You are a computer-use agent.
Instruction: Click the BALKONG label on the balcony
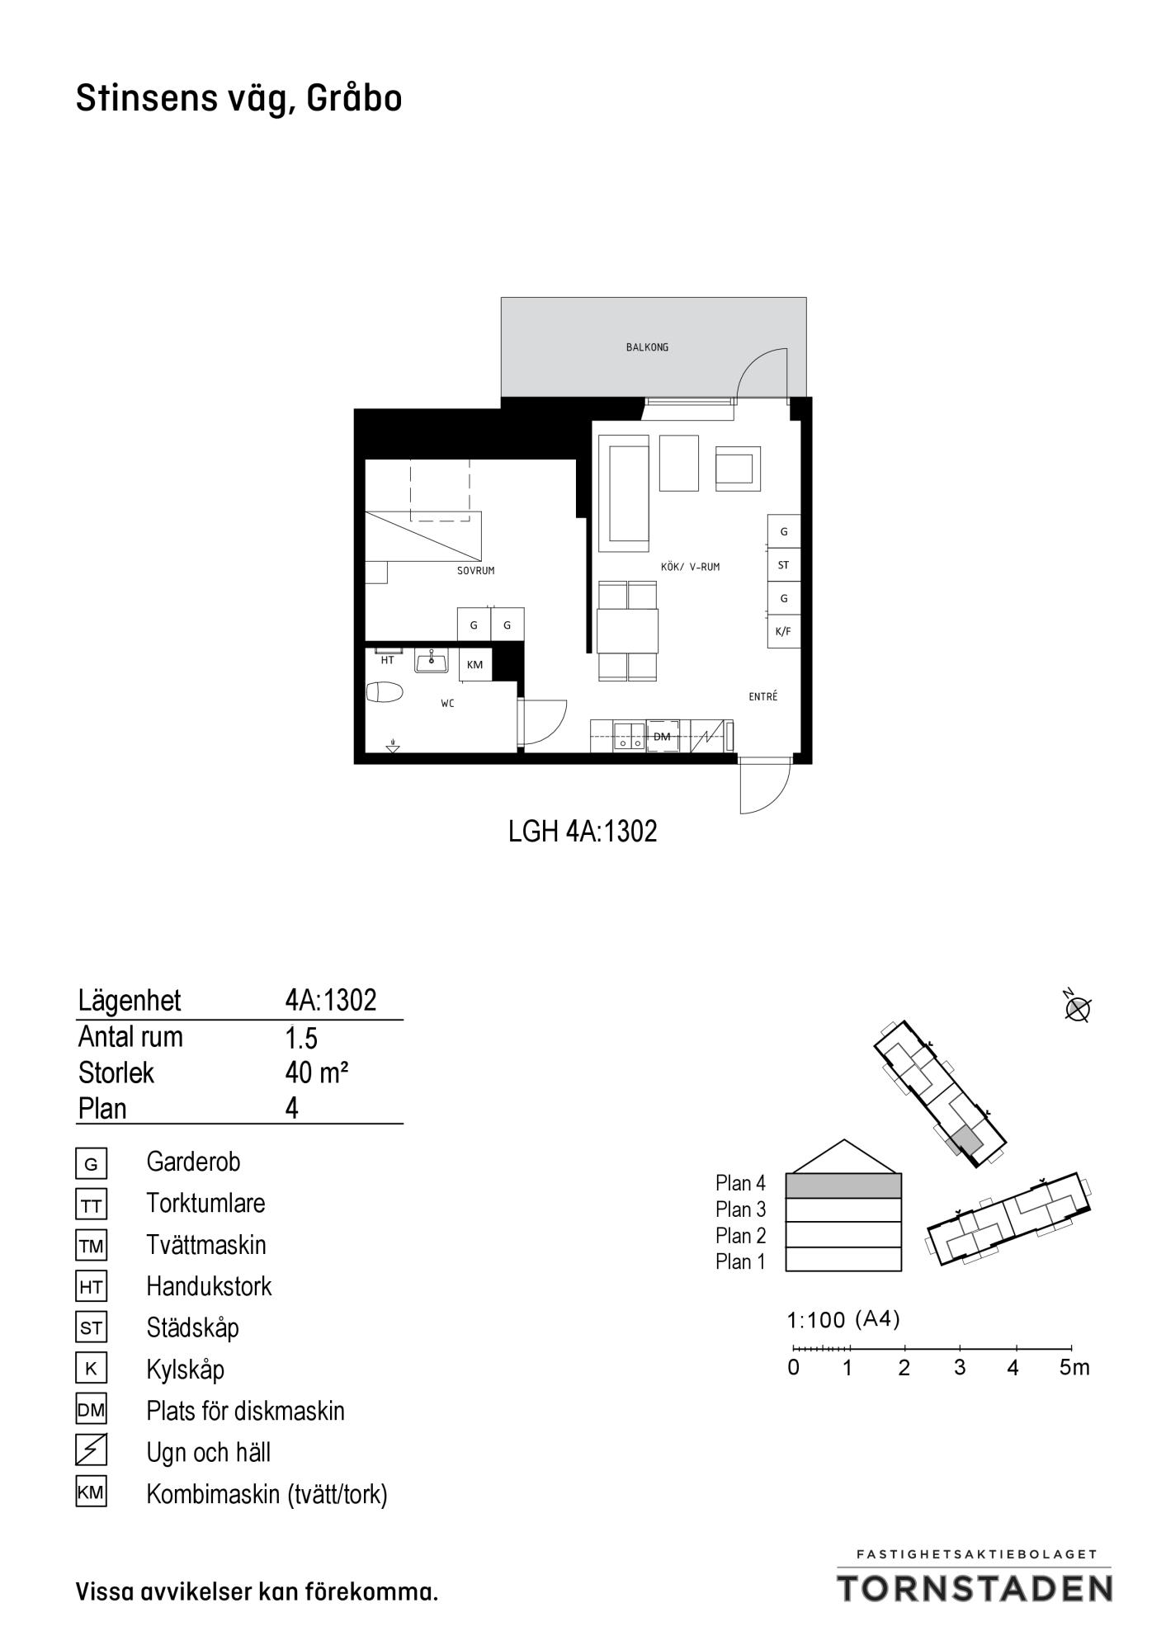[647, 347]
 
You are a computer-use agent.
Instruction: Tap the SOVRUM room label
[476, 571]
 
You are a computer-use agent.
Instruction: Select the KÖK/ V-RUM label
[691, 567]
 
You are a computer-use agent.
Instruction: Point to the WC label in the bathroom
[447, 704]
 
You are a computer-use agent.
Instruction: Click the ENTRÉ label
[763, 696]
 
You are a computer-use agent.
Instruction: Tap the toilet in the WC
[384, 691]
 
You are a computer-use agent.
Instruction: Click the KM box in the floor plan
[475, 665]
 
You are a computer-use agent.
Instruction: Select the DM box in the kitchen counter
[662, 736]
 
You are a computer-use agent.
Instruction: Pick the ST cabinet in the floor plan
[783, 565]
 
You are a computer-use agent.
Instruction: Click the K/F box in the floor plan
[783, 632]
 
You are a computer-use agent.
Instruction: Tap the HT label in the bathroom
[387, 661]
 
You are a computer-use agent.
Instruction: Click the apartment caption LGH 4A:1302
[583, 832]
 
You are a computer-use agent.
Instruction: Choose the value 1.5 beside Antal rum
[301, 1037]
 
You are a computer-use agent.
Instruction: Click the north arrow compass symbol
[1078, 1007]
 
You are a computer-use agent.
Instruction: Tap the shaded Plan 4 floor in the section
[843, 1186]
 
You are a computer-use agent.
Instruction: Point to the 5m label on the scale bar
[1074, 1367]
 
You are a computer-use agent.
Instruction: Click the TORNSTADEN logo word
[975, 1587]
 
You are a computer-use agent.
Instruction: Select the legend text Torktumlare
[205, 1203]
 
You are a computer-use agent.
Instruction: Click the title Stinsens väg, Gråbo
[239, 99]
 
